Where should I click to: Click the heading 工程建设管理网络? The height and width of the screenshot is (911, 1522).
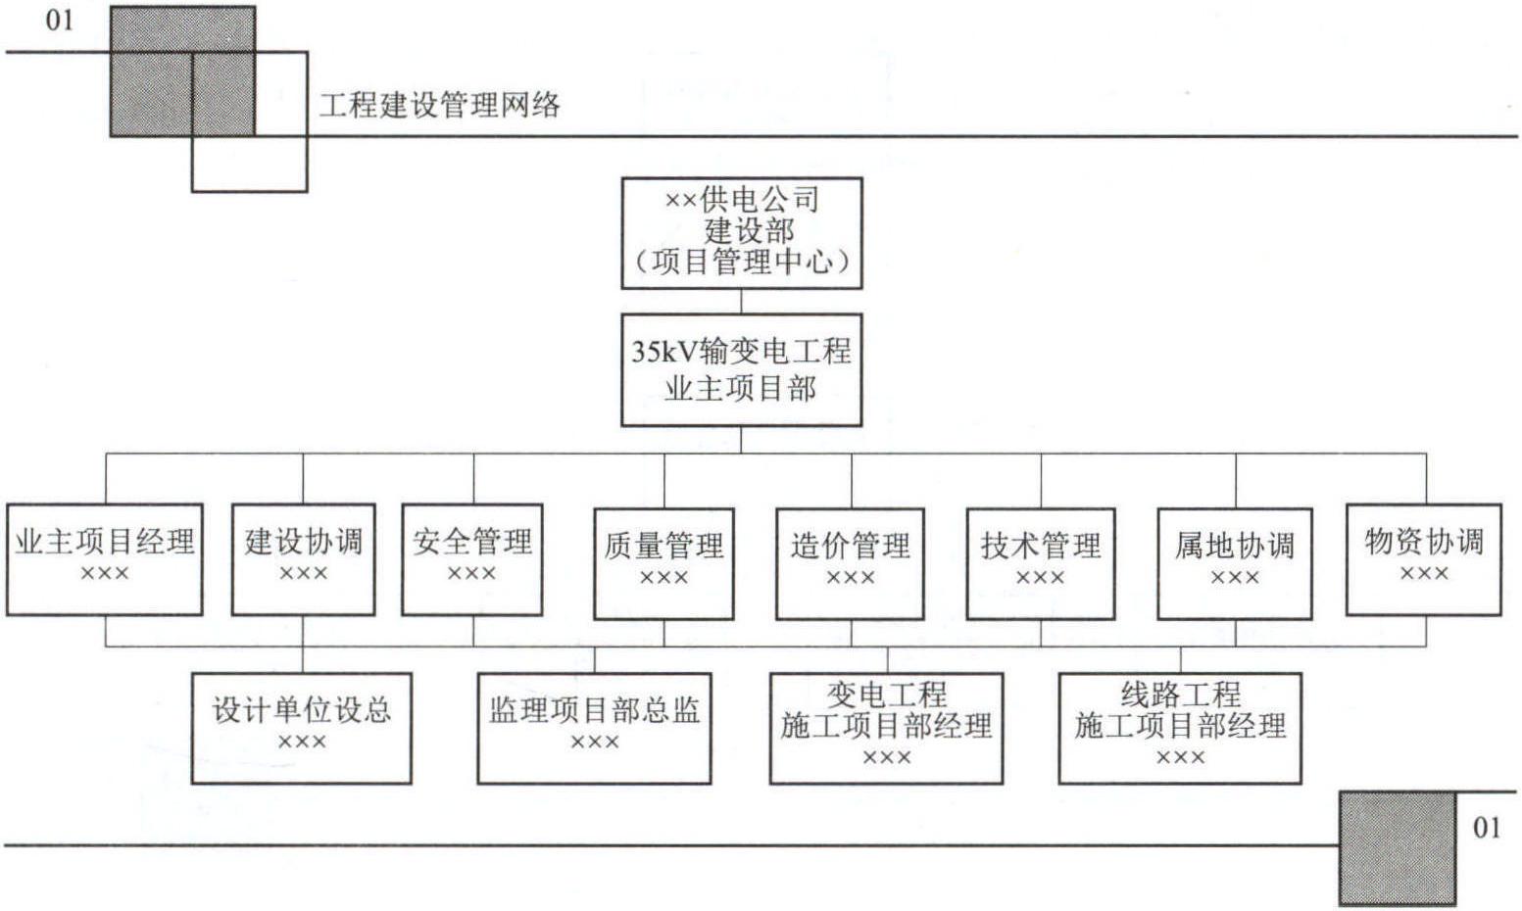440,105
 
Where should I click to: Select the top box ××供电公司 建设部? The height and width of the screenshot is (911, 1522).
742,233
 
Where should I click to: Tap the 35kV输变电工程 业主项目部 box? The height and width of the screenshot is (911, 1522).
741,370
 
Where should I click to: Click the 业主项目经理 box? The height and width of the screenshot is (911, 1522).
105,559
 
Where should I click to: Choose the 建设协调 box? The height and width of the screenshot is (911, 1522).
303,559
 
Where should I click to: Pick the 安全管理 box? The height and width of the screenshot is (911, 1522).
472,559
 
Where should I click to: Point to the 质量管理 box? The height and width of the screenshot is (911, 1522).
663,564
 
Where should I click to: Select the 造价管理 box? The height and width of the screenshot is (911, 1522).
850,564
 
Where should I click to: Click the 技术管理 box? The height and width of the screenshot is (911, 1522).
1041,564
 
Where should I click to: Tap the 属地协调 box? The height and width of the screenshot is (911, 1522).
1235,564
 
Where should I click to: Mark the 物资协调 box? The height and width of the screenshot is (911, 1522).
1424,559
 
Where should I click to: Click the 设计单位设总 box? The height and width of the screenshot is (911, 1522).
302,728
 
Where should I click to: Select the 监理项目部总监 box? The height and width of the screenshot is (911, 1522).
595,728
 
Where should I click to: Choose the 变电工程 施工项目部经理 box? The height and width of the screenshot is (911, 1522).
887,728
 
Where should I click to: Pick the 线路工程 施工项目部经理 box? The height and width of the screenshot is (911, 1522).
1180,728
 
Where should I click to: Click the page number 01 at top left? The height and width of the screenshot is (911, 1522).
59,21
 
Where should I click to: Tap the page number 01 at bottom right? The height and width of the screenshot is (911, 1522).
1487,828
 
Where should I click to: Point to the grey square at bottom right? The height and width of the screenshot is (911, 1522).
1398,848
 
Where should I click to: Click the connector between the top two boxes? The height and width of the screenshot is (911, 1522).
741,302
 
